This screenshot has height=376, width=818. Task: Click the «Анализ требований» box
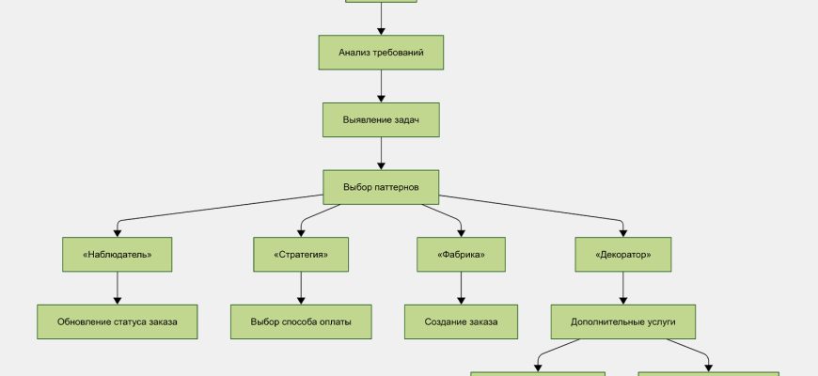coord(381,53)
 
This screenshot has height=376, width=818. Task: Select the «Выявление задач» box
coord(381,120)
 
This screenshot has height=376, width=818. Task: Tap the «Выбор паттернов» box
coord(381,187)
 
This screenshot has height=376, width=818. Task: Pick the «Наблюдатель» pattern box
coord(117,255)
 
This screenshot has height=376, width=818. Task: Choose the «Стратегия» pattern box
coord(301,255)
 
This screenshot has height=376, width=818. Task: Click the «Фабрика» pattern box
coord(461,255)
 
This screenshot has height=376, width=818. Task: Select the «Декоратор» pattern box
coord(621,255)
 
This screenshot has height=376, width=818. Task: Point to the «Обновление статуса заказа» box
coord(117,321)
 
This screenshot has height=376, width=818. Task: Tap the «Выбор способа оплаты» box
coord(301,321)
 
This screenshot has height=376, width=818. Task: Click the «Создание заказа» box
coord(461,321)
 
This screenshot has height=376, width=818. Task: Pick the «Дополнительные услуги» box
coord(621,321)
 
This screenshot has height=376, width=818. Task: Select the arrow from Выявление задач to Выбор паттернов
coord(381,153)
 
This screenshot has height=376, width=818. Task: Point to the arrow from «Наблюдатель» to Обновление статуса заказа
coord(117,288)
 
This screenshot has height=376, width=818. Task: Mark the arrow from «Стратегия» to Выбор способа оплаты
coord(301,288)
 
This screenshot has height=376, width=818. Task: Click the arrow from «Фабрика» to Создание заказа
coord(461,288)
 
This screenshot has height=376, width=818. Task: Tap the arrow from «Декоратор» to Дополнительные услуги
coord(621,288)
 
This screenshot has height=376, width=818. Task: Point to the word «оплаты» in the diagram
coord(335,321)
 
